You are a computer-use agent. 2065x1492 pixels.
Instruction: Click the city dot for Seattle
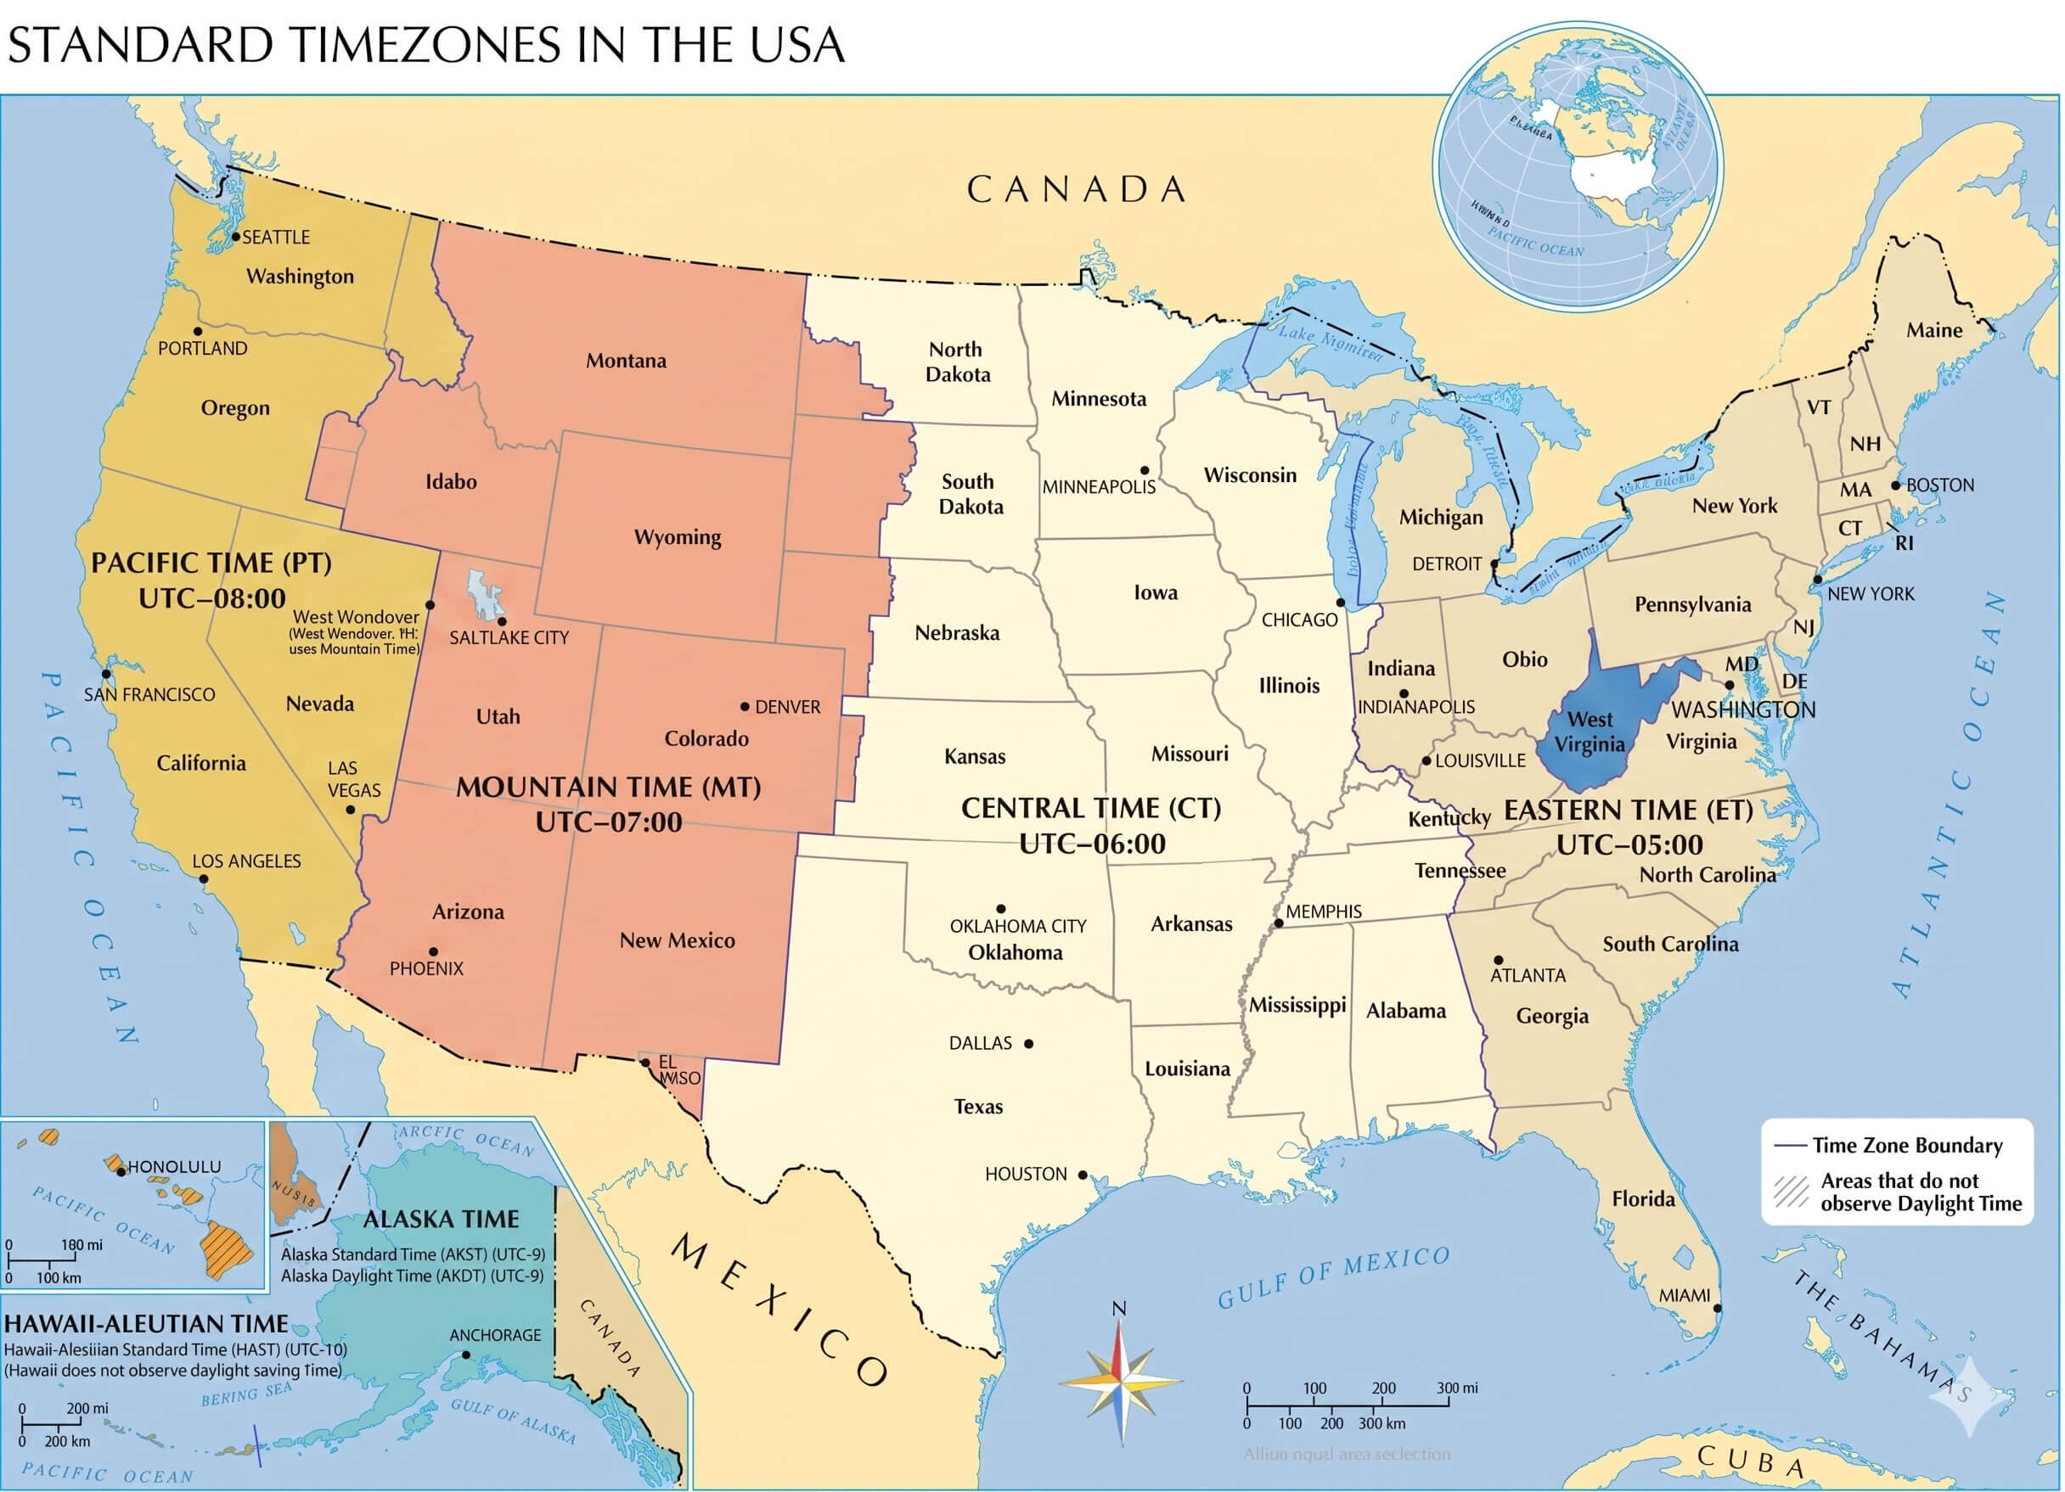(236, 237)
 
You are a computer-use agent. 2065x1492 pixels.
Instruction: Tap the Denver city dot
(745, 706)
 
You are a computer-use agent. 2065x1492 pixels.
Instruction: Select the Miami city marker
(1717, 1308)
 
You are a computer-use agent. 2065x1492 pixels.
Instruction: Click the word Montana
(626, 361)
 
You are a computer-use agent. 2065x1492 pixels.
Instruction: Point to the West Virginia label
(1589, 732)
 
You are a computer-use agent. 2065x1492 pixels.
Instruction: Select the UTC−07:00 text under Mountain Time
(608, 823)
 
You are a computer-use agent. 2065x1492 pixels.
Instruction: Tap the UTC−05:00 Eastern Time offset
(1629, 845)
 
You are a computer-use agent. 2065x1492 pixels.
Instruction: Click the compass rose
(1121, 1383)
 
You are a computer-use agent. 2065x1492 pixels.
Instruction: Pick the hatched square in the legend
(1790, 1192)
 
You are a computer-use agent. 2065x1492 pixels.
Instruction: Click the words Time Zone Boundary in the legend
(1906, 1145)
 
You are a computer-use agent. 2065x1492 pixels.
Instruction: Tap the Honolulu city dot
(121, 1171)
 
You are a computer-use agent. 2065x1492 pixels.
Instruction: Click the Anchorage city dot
(466, 1355)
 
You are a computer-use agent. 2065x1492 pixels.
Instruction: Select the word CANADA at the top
(1076, 189)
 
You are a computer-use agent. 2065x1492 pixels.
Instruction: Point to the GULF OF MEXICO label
(1333, 1277)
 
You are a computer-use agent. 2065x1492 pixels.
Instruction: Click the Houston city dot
(1083, 1175)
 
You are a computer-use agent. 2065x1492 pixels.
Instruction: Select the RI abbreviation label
(1904, 543)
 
